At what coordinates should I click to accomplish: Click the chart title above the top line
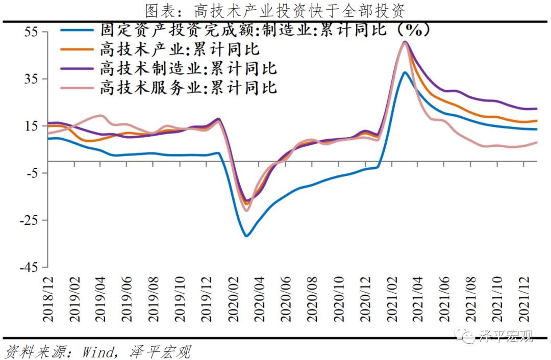(275, 9)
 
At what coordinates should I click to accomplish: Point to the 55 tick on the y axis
(32, 31)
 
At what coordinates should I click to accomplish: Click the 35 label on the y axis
(32, 79)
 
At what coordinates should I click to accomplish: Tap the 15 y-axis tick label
(32, 126)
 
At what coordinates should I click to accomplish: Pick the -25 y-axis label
(29, 220)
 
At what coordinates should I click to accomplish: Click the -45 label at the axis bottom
(29, 267)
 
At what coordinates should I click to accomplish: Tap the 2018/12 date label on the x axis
(48, 299)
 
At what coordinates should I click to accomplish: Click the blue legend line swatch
(77, 31)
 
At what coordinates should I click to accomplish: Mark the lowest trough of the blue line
(246, 236)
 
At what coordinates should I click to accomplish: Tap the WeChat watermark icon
(466, 336)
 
